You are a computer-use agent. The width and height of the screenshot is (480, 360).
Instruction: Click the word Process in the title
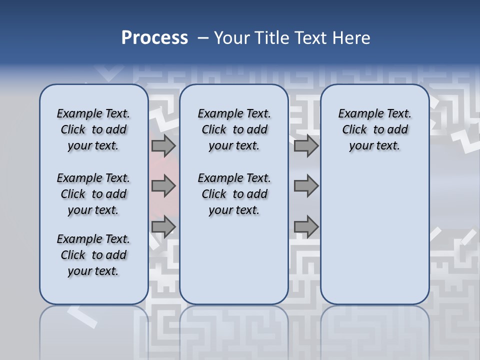(x=154, y=38)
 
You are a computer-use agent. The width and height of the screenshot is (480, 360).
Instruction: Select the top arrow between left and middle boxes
(x=163, y=145)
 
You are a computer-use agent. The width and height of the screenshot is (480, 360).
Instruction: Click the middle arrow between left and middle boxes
(x=163, y=186)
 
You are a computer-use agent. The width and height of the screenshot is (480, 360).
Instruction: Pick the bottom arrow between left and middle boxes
(x=163, y=226)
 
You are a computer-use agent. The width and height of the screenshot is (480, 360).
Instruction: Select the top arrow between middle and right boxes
(x=306, y=145)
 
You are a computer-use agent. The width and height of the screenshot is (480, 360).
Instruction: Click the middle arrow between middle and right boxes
(x=306, y=186)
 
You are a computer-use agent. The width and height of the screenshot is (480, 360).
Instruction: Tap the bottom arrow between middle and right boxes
(x=306, y=226)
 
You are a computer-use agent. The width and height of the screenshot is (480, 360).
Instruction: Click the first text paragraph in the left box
(x=93, y=129)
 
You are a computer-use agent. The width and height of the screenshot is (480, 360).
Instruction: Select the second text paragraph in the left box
(x=93, y=194)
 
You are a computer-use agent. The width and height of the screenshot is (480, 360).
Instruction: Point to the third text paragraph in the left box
(x=93, y=255)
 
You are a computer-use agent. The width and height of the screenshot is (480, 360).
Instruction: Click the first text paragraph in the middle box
(x=234, y=129)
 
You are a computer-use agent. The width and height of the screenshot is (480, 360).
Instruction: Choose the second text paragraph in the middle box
(x=234, y=194)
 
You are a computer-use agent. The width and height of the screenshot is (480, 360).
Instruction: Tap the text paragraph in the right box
(x=374, y=129)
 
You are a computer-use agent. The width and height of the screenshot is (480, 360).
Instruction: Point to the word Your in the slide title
(x=231, y=38)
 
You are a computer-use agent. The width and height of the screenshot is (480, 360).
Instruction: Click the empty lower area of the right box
(x=374, y=235)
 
